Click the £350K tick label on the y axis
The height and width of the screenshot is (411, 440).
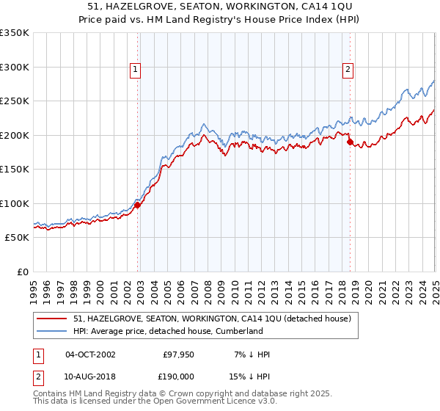pyautogui.click(x=15, y=33)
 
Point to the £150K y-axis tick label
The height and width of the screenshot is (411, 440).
pyautogui.click(x=15, y=170)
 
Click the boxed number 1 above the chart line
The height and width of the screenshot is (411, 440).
pyautogui.click(x=136, y=70)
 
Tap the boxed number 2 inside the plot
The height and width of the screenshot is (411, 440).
pyautogui.click(x=348, y=70)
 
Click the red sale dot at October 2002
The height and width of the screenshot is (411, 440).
pyautogui.click(x=138, y=205)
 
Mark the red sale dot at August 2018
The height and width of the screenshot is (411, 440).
pyautogui.click(x=350, y=142)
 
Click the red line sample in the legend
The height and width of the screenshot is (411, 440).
pyautogui.click(x=53, y=319)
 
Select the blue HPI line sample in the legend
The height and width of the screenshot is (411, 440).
pyautogui.click(x=53, y=331)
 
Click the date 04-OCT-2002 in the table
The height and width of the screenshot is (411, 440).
pyautogui.click(x=90, y=354)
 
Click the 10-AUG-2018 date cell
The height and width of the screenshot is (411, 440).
pyautogui.click(x=90, y=376)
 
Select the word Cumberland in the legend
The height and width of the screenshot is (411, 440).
pyautogui.click(x=238, y=331)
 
